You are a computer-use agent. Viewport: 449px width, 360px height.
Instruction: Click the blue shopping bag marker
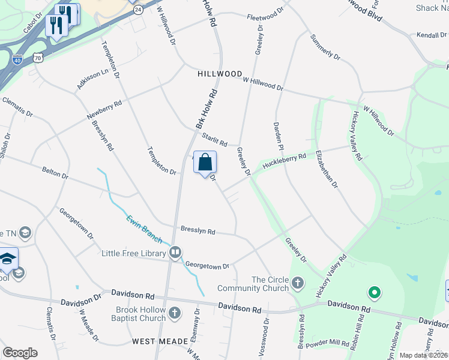click(x=205, y=163)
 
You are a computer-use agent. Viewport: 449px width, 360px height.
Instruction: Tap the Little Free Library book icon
click(x=176, y=253)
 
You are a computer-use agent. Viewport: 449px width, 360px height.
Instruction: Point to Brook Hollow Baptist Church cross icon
click(x=174, y=313)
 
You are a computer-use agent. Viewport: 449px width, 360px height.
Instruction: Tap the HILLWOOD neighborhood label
click(x=219, y=74)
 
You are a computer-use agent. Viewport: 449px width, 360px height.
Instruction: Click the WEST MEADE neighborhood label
click(x=160, y=341)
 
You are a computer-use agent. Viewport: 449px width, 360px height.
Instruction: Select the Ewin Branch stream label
click(x=144, y=229)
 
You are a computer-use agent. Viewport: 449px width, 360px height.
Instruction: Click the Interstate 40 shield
click(x=17, y=59)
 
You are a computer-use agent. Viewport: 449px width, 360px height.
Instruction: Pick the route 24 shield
click(x=138, y=10)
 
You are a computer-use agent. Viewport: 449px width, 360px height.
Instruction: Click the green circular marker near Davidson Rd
click(x=375, y=293)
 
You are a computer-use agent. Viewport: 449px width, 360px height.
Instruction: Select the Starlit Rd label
click(x=214, y=140)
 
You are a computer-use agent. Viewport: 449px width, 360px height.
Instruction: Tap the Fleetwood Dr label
click(x=265, y=14)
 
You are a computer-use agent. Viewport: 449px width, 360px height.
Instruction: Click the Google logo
click(x=20, y=353)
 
